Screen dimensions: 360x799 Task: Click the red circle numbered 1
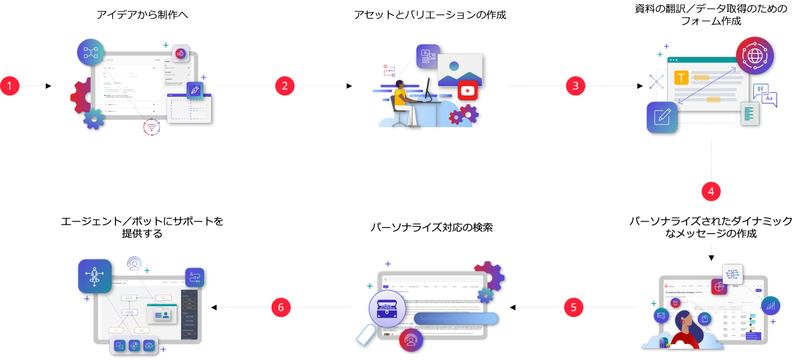click(10, 86)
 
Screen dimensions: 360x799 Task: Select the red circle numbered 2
click(285, 86)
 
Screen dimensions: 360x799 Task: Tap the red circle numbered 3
click(576, 86)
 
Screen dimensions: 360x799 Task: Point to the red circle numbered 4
click(712, 192)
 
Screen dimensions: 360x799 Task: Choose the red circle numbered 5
click(574, 307)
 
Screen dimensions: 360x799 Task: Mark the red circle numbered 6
click(282, 307)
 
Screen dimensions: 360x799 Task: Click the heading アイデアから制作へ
click(142, 15)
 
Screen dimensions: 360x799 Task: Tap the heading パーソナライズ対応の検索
click(432, 228)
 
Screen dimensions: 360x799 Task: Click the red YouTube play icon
click(467, 91)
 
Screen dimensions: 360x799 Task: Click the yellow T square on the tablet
click(681, 77)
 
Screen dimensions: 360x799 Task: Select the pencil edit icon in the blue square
click(662, 117)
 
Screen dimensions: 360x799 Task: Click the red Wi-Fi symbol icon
click(152, 127)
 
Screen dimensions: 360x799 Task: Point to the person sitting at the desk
click(400, 100)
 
